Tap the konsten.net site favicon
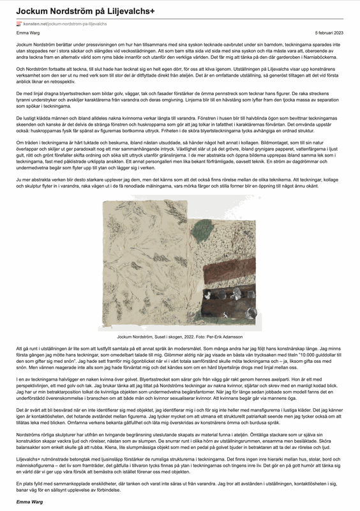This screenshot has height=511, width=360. (x=19, y=23)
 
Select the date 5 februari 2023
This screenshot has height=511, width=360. (x=329, y=32)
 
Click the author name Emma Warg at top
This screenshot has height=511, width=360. (x=28, y=32)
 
